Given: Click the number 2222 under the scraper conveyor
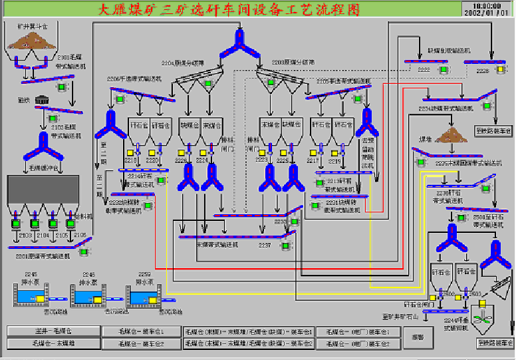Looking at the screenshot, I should point(424,69).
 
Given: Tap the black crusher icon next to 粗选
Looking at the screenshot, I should point(45,98).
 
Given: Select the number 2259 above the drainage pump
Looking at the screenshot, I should point(144,274).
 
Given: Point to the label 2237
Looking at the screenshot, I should point(265,246).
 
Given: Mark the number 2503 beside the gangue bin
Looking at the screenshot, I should point(475,293).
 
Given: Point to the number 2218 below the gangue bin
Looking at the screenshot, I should point(130,160).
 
